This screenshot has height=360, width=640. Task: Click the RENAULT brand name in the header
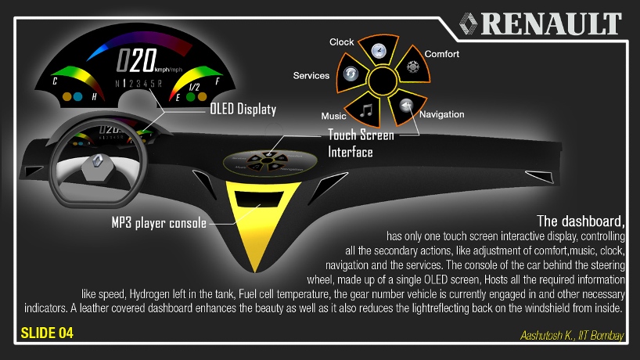click(x=551, y=23)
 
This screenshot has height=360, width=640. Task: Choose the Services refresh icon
click(x=350, y=74)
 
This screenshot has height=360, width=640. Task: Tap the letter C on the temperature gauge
click(x=54, y=81)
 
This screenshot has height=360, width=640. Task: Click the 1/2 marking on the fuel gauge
click(x=194, y=86)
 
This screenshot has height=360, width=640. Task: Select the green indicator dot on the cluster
click(x=190, y=99)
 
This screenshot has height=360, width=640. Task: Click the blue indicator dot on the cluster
click(x=67, y=98)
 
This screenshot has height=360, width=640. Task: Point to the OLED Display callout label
click(x=243, y=110)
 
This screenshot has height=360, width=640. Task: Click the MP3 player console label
click(x=159, y=223)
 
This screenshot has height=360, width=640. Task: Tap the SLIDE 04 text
click(x=47, y=333)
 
